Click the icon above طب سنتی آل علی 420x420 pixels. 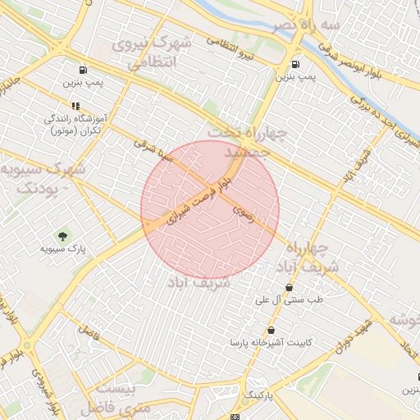pos(289,288)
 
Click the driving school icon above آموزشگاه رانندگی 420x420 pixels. pos(75,106)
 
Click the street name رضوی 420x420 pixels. pos(243,212)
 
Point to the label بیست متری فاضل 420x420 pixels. pos(124,396)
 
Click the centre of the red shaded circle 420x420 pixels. pos(210,209)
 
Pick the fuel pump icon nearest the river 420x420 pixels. pos(295,64)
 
